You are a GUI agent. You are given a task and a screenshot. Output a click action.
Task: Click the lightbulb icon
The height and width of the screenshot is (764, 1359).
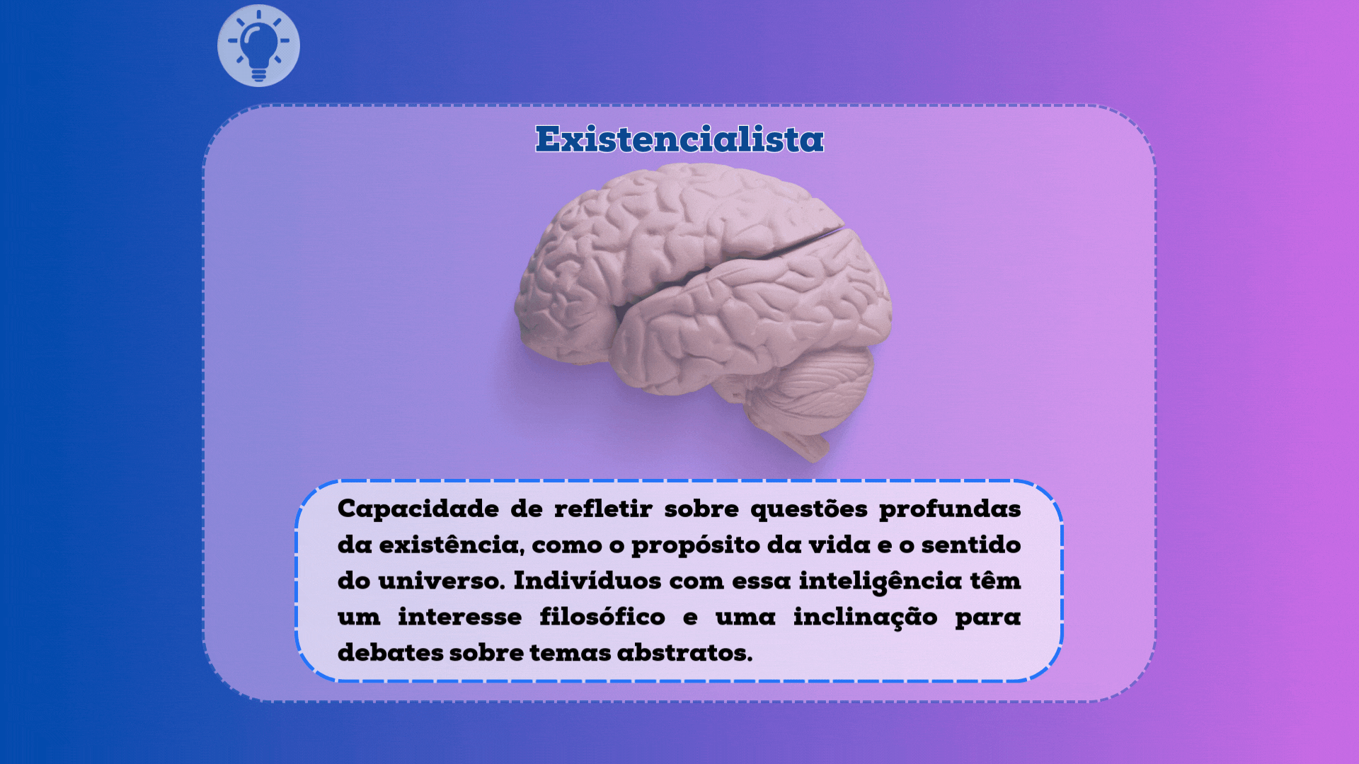(x=258, y=46)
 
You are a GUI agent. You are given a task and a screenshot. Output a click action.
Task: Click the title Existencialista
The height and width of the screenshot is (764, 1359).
(x=679, y=139)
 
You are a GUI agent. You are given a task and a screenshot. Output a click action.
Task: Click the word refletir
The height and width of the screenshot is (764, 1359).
(x=603, y=509)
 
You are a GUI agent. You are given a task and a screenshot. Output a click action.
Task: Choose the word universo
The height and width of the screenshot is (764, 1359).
(x=440, y=581)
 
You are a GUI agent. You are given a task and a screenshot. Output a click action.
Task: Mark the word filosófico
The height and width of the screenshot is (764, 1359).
(x=602, y=618)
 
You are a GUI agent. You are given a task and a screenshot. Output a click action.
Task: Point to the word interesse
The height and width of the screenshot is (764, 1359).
(x=459, y=618)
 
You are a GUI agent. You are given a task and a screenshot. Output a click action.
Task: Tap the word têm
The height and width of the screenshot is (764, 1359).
(x=995, y=581)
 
